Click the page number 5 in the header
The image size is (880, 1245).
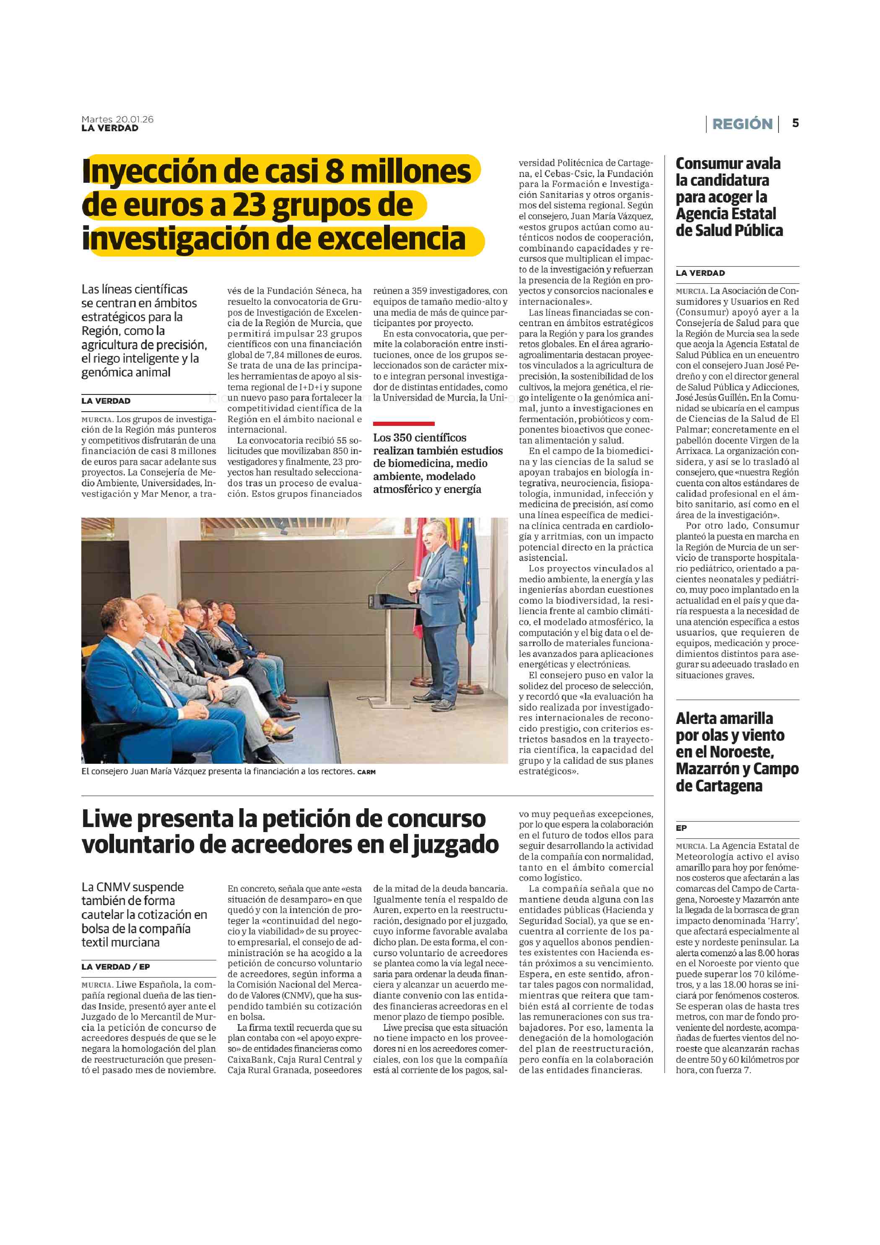point(795,123)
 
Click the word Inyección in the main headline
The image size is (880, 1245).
point(145,171)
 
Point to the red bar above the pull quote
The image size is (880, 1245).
point(403,423)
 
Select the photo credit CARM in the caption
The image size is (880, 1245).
point(366,772)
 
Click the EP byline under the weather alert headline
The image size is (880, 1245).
point(681,828)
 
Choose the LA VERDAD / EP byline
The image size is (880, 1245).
point(115,966)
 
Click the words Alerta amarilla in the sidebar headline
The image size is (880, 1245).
point(724,718)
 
